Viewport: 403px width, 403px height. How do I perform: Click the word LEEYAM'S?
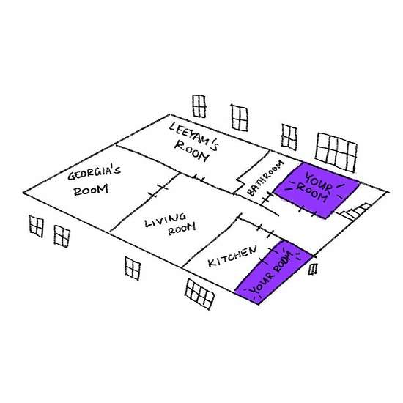[194, 136]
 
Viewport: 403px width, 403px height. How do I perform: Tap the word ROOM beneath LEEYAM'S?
[191, 152]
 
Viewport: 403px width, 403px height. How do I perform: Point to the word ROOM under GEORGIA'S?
[91, 190]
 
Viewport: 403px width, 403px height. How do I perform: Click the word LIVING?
[166, 221]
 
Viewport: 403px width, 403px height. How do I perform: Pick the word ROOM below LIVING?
[182, 229]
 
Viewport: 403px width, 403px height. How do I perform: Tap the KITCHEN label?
[232, 256]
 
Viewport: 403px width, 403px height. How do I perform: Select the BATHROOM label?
[266, 178]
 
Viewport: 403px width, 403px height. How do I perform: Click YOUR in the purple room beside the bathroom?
[318, 182]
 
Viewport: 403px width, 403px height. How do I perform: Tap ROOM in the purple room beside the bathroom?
[311, 193]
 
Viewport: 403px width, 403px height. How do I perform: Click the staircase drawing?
[355, 211]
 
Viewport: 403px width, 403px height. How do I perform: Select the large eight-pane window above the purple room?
[336, 152]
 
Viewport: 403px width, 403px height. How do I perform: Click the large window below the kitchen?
[199, 294]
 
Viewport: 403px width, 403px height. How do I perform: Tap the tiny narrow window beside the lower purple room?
[313, 269]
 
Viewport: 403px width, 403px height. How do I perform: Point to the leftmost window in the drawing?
[36, 226]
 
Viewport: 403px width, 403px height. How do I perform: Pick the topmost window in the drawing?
[199, 106]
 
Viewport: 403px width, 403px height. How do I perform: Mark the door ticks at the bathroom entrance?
[267, 198]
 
